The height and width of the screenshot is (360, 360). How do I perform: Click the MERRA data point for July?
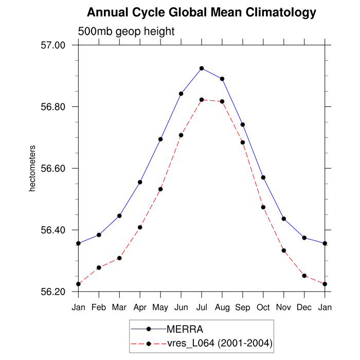202,68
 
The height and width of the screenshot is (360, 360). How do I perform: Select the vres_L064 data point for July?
202,100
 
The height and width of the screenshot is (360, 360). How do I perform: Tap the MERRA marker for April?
140,182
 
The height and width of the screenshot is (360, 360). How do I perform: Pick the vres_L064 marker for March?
119,258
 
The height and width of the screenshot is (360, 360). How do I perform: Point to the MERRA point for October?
263,177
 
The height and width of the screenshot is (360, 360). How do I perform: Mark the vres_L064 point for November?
284,250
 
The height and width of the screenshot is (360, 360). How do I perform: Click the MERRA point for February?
99,235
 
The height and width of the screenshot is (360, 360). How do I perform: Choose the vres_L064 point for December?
304,276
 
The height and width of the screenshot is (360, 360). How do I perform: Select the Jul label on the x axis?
202,307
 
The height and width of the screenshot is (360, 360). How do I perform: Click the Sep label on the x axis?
243,307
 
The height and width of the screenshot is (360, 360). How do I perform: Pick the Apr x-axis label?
140,307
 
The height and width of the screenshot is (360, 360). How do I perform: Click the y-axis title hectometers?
32,169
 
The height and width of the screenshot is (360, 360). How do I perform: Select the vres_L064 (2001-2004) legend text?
219,343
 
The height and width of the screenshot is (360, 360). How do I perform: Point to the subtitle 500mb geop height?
126,31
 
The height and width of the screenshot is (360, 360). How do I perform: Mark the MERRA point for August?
222,79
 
